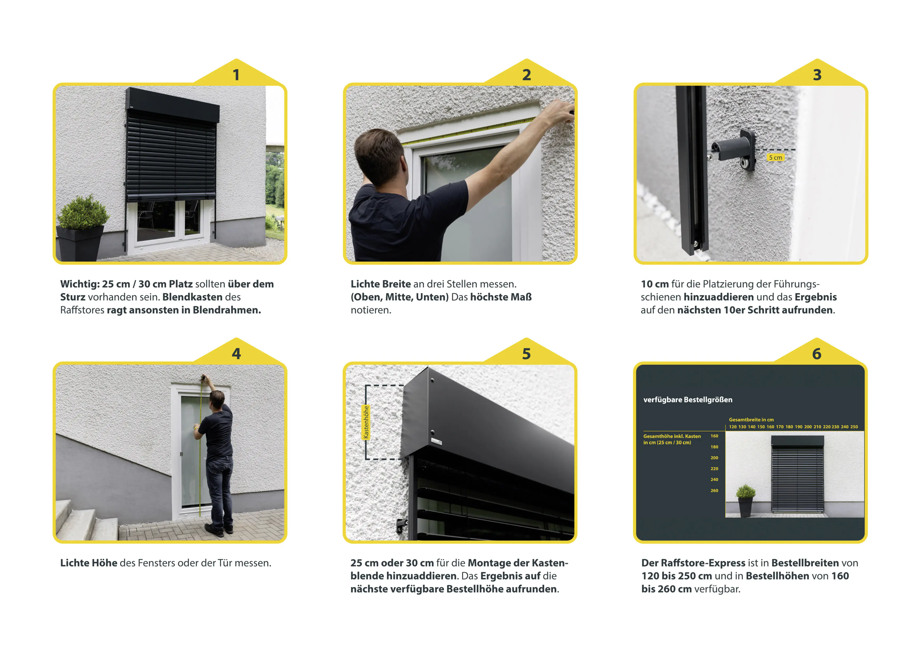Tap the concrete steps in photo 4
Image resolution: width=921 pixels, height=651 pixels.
84,521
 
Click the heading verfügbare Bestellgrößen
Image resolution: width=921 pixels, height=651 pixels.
688,400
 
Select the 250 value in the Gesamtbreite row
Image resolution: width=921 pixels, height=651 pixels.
854,427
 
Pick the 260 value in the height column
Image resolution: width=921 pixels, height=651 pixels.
714,491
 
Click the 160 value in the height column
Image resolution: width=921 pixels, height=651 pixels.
714,436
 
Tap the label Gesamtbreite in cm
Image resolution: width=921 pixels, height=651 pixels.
751,420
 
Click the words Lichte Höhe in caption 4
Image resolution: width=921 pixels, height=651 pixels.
89,563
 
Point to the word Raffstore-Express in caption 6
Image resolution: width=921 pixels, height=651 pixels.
703,563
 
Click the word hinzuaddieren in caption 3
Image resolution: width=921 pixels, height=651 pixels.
718,297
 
